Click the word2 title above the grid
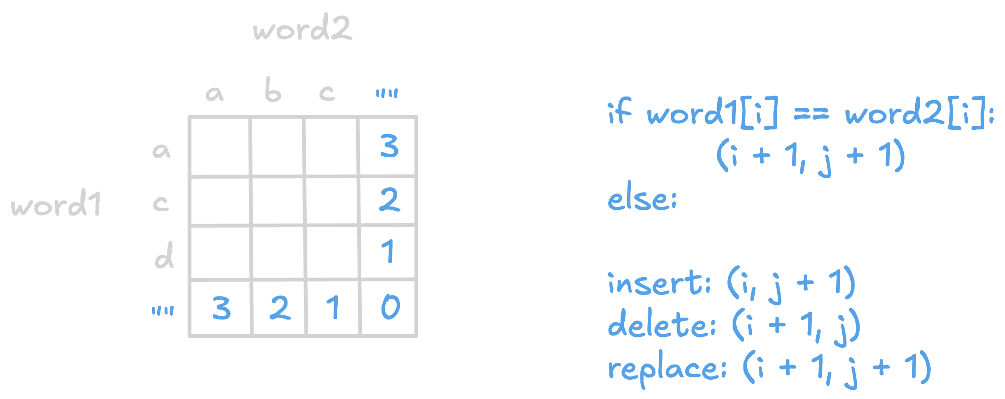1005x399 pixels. tap(302, 27)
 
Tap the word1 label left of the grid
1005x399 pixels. tap(56, 203)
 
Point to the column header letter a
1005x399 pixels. tap(215, 94)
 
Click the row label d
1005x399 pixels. tap(164, 255)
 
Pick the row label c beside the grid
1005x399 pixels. tap(161, 203)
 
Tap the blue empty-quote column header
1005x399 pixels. tap(387, 93)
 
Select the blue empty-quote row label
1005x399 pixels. tap(163, 311)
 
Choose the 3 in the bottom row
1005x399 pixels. tap(221, 308)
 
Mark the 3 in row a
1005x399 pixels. tap(390, 146)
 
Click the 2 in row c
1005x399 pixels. tap(390, 199)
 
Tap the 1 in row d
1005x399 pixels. tap(388, 251)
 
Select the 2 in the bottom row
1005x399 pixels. tap(279, 308)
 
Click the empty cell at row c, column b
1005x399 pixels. tap(278, 201)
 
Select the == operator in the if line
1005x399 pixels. tap(812, 114)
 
